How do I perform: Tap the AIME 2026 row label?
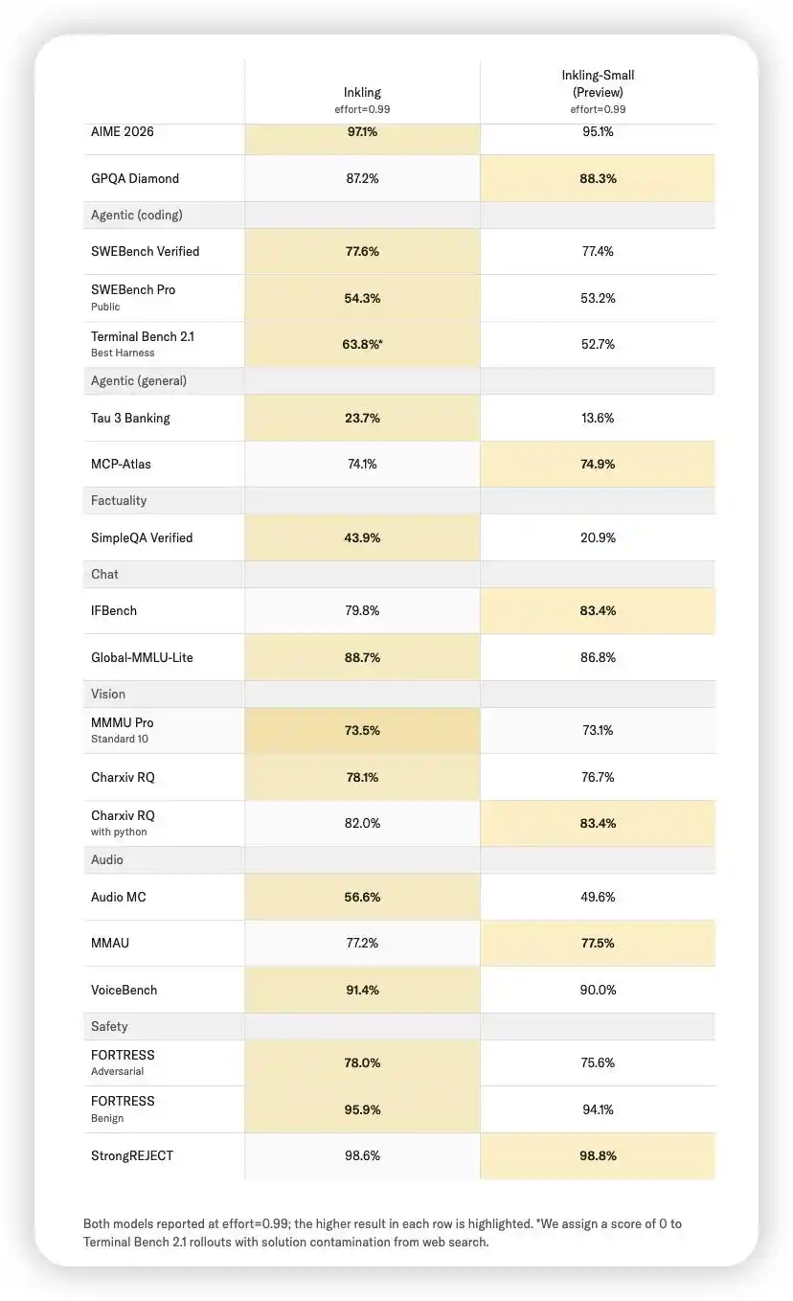click(123, 131)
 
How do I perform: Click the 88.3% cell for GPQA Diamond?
click(598, 178)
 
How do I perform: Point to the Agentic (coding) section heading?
click(137, 215)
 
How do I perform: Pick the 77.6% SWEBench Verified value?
click(362, 252)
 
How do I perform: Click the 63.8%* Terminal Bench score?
click(362, 344)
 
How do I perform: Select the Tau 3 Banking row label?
click(130, 418)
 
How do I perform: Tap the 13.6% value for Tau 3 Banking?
click(598, 418)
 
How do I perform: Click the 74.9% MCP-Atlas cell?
click(598, 464)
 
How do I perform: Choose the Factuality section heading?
click(119, 501)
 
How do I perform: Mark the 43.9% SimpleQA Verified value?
click(362, 537)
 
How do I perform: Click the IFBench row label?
click(114, 610)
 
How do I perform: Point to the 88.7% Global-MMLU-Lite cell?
click(362, 657)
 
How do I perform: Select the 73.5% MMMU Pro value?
click(362, 730)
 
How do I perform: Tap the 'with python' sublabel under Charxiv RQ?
click(119, 832)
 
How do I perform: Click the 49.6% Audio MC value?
click(598, 897)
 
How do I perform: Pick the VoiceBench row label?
click(125, 990)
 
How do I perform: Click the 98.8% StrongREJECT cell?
click(598, 1155)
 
